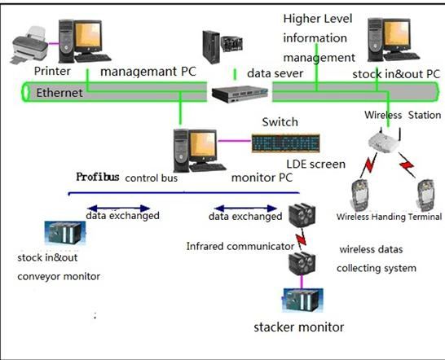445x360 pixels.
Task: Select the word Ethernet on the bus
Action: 59,94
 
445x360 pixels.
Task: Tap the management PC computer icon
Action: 91,40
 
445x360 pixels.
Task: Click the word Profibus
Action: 97,176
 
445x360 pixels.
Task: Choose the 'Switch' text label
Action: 279,122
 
